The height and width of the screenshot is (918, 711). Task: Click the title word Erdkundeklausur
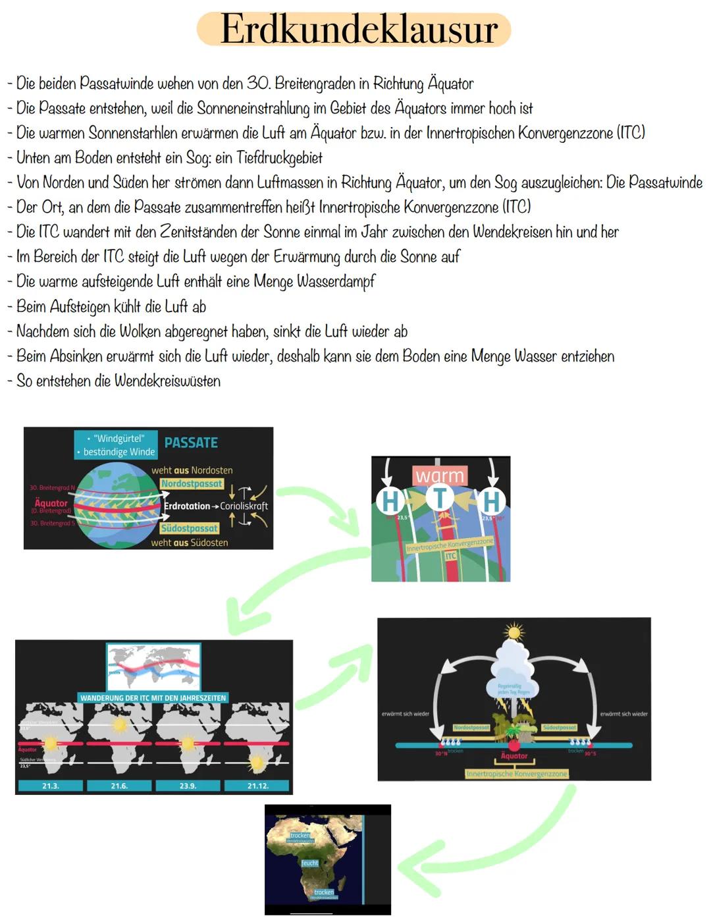pos(359,30)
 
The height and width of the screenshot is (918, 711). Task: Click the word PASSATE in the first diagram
pos(191,443)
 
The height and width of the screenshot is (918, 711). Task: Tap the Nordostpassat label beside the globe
pos(192,484)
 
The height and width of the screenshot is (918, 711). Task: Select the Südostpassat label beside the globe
pos(189,528)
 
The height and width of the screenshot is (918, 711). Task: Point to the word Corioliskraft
pos(244,506)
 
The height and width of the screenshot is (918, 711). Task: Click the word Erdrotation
pos(187,506)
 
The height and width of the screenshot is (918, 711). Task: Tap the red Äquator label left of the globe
pos(51,503)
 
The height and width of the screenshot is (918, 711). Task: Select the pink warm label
pos(440,475)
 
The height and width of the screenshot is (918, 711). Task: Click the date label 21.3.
pos(51,786)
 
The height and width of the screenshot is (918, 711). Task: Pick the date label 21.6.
pos(119,786)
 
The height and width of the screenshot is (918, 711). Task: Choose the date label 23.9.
pos(188,786)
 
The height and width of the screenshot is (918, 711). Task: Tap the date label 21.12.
pos(257,786)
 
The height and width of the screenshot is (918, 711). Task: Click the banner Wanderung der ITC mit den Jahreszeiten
pos(153,698)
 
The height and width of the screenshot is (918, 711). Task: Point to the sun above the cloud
pos(513,633)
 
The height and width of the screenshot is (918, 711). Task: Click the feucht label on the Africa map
pos(309,863)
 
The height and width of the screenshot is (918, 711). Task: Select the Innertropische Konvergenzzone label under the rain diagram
pos(517,774)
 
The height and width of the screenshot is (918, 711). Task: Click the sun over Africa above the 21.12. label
pos(257,764)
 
